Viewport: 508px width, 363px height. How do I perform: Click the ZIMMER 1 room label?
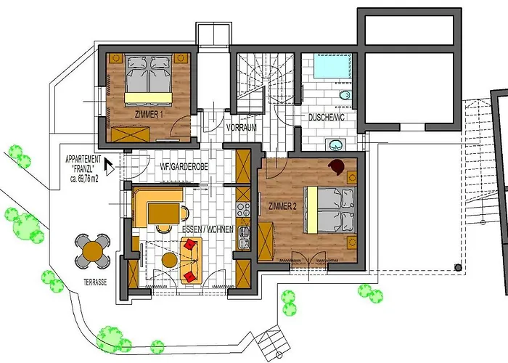click(148, 115)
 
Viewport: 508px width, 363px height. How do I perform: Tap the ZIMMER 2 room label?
click(282, 206)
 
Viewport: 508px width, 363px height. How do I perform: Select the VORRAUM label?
click(242, 127)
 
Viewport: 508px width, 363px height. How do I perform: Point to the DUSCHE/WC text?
click(327, 118)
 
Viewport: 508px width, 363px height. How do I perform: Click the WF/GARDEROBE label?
click(184, 166)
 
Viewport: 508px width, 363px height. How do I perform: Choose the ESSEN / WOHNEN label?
click(208, 229)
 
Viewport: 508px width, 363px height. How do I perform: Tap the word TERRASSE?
click(95, 282)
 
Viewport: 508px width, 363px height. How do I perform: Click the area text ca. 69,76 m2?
click(84, 179)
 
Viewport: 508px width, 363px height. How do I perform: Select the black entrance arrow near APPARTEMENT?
click(109, 166)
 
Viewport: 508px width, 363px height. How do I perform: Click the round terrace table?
click(93, 251)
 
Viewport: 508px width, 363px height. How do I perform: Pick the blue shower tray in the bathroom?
click(332, 66)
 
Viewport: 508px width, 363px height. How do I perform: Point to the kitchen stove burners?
click(243, 209)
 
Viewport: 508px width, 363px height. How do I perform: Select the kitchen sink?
click(244, 237)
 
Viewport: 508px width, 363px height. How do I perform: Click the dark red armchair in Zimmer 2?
click(337, 166)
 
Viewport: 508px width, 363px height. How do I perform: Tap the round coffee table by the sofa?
click(169, 260)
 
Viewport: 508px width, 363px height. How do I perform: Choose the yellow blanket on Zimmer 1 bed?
click(148, 97)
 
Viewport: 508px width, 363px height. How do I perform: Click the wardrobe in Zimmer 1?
click(130, 135)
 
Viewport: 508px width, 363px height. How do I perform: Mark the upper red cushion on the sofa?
click(190, 244)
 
